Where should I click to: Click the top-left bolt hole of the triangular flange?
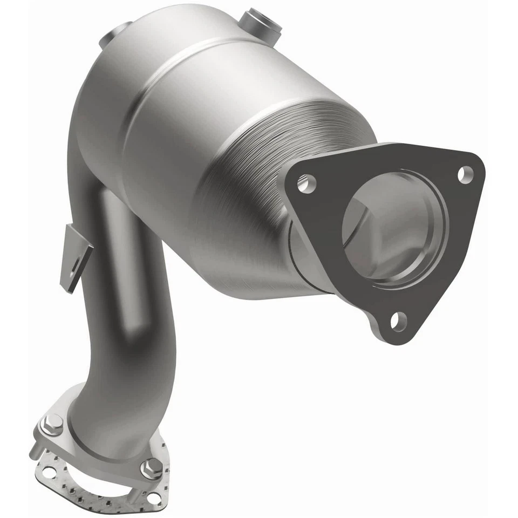point(305,183)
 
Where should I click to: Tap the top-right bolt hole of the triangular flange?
point(464,174)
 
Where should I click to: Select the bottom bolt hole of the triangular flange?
point(398,322)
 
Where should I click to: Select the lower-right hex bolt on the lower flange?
point(151,467)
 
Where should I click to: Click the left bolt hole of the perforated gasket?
point(47,473)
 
